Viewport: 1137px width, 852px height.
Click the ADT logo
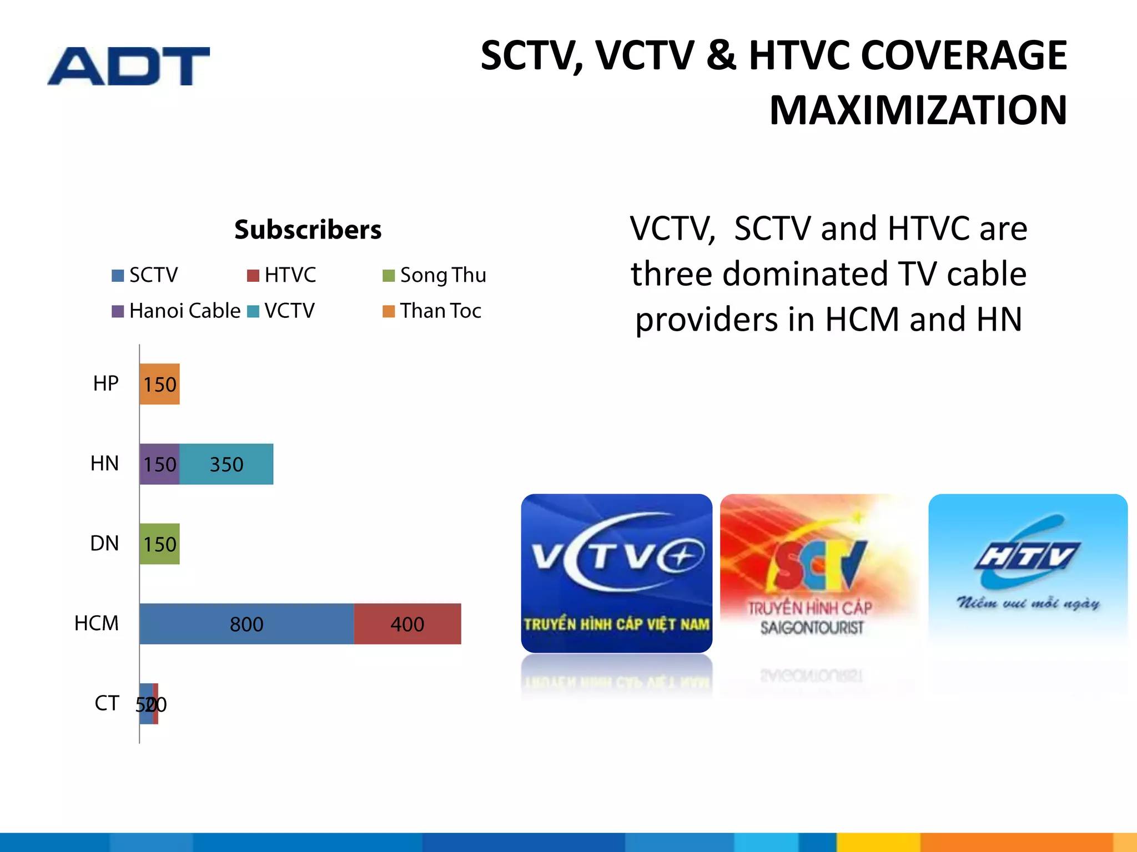point(128,66)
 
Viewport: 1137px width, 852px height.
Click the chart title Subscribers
point(308,230)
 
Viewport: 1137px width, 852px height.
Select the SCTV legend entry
point(145,275)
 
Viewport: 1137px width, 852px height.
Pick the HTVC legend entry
point(282,275)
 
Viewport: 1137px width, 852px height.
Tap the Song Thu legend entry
point(435,275)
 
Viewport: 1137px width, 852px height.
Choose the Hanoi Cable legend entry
point(177,311)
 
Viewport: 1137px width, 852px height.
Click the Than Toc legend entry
point(432,311)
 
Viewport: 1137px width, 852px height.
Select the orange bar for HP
point(159,384)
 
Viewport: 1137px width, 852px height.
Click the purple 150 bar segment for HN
point(159,464)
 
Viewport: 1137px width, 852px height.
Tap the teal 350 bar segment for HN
point(227,464)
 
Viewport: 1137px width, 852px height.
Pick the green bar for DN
point(159,544)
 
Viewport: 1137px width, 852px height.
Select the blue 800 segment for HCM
point(246,623)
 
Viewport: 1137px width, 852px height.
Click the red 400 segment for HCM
point(407,623)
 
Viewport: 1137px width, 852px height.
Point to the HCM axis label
point(97,623)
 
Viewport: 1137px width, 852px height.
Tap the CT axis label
point(107,703)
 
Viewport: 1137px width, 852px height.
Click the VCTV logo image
point(616,573)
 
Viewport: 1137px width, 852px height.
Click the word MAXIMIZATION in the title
point(918,110)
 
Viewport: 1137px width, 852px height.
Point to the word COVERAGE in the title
point(964,55)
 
